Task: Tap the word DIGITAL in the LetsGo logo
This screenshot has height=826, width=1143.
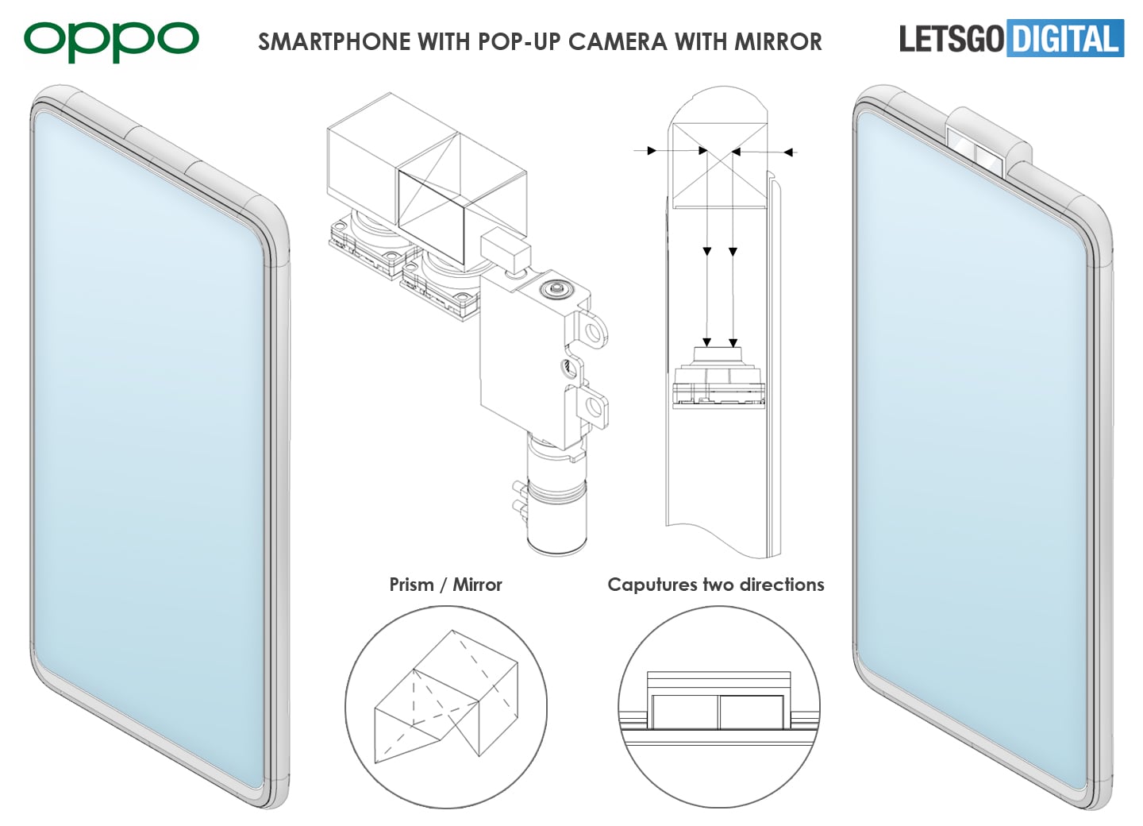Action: [1065, 39]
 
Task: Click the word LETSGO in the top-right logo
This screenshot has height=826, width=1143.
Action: [951, 39]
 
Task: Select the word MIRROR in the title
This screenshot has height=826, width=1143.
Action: [778, 42]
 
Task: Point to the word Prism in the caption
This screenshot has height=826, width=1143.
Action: [411, 585]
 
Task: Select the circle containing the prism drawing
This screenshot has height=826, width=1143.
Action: [446, 707]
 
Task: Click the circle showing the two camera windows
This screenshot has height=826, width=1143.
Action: [718, 707]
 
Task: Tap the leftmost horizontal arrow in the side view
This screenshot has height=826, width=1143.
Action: [651, 150]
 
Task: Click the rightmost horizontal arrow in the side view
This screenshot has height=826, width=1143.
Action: [789, 152]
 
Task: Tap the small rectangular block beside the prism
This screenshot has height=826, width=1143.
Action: [505, 248]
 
